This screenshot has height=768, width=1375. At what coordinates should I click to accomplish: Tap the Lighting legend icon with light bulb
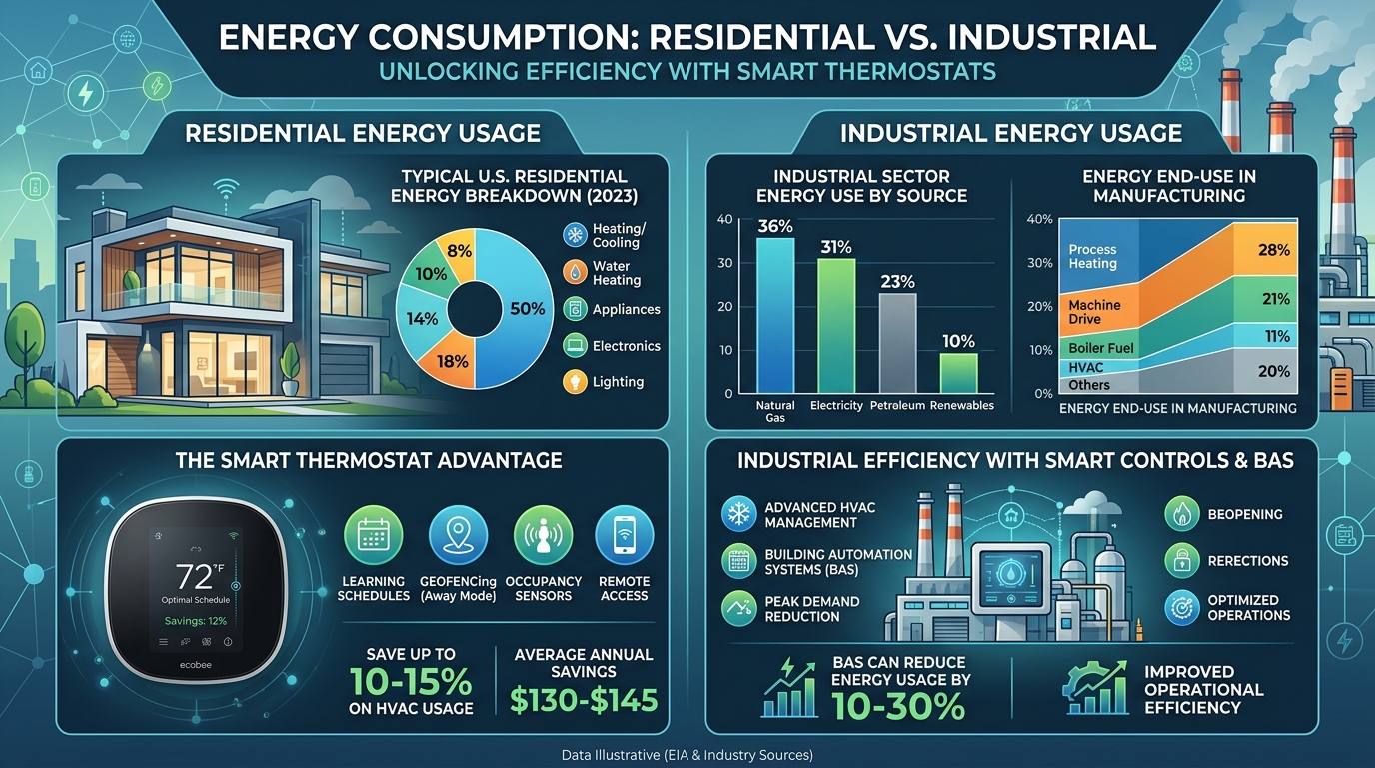pyautogui.click(x=576, y=381)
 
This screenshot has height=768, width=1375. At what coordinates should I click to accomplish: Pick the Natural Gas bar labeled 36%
pyautogui.click(x=775, y=315)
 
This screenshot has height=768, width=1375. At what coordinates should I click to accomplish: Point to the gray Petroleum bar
pyautogui.click(x=897, y=343)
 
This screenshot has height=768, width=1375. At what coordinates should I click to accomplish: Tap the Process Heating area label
pyautogui.click(x=1092, y=257)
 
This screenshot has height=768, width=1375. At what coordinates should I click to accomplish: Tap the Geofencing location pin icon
pyautogui.click(x=458, y=536)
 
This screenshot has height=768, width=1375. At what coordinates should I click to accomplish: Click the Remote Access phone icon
pyautogui.click(x=624, y=536)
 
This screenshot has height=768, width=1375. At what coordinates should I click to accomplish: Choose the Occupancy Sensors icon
pyautogui.click(x=543, y=536)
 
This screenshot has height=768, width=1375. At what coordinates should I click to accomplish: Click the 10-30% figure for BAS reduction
pyautogui.click(x=901, y=706)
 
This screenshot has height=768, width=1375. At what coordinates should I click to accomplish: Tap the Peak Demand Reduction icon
pyautogui.click(x=739, y=608)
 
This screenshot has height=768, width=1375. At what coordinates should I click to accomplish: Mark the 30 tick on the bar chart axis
pyautogui.click(x=725, y=263)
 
